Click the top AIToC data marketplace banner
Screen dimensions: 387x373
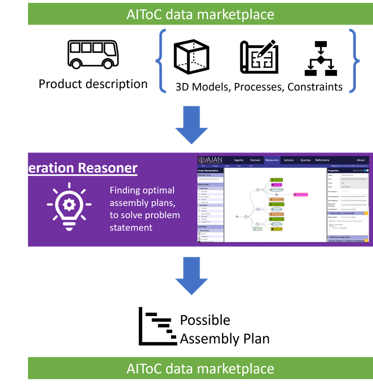tap(200, 14)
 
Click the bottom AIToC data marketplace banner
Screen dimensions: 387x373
tap(200, 369)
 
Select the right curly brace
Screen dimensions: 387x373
tap(355, 59)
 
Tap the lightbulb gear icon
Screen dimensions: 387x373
tap(69, 205)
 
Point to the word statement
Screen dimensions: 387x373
tap(131, 228)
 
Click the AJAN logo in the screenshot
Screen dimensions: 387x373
tap(211, 160)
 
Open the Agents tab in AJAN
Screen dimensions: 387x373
tap(238, 160)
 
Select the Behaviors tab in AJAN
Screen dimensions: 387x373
tap(272, 160)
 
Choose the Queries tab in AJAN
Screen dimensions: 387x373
tap(305, 160)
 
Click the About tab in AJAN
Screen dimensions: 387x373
tap(360, 160)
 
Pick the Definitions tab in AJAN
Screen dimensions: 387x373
tap(322, 160)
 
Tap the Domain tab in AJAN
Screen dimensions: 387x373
tap(255, 160)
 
